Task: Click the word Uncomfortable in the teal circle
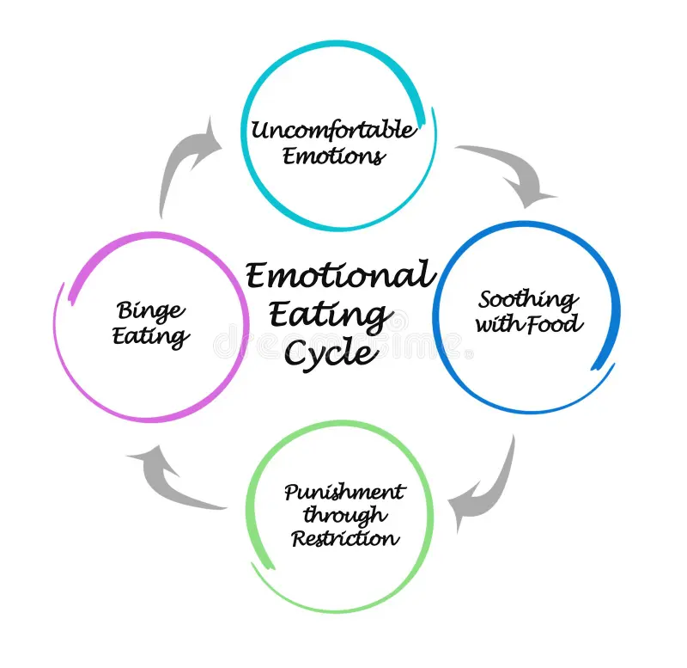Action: tap(333, 131)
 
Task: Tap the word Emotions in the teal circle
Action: tap(333, 156)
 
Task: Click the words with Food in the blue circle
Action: tap(528, 325)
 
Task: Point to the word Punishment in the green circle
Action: tap(344, 493)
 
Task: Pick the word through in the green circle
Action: tap(344, 516)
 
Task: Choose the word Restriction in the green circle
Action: tap(344, 539)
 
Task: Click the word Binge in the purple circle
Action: tap(150, 309)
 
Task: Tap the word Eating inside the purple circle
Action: tap(150, 335)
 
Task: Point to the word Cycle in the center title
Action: tap(330, 352)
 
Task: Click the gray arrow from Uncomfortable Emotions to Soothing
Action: tap(511, 172)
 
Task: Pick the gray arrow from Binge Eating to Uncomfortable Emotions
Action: tap(185, 163)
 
